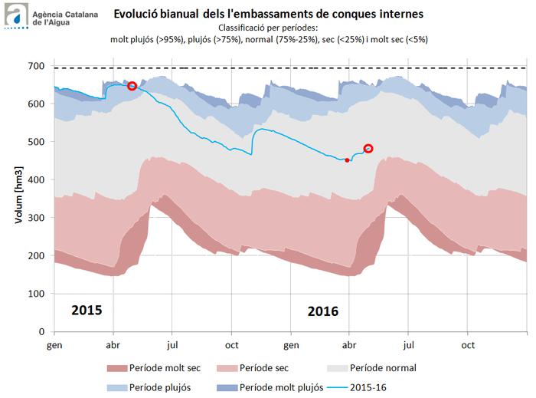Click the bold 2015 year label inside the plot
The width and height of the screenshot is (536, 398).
[87, 311]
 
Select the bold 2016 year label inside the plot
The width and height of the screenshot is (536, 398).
[322, 311]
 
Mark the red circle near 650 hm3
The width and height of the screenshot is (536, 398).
[132, 86]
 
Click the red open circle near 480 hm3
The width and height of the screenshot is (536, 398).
[368, 149]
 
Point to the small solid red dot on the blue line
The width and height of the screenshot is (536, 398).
[348, 160]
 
